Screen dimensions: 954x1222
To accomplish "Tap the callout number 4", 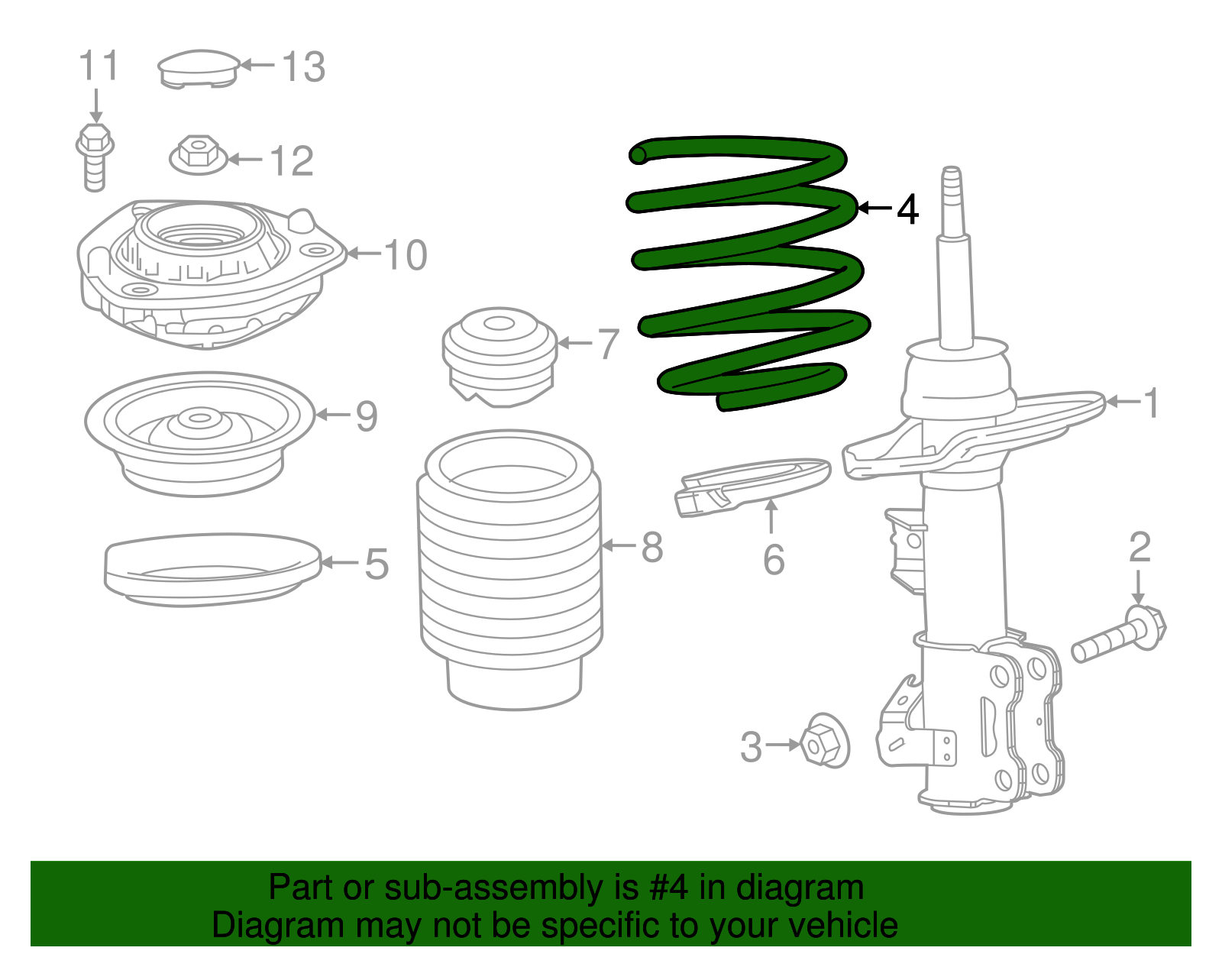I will (x=907, y=209).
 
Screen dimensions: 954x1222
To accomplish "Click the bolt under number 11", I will (x=95, y=157).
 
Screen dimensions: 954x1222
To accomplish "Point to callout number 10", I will (x=406, y=254).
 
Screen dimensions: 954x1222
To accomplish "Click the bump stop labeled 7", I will (x=500, y=356).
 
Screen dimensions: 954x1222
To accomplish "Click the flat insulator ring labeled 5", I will (x=212, y=569).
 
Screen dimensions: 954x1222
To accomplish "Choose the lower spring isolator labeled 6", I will (x=752, y=485).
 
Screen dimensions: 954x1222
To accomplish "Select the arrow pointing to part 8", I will (x=619, y=545).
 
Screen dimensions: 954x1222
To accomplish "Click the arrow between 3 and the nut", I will (x=782, y=745).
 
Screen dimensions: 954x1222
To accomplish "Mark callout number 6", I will (x=773, y=559).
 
